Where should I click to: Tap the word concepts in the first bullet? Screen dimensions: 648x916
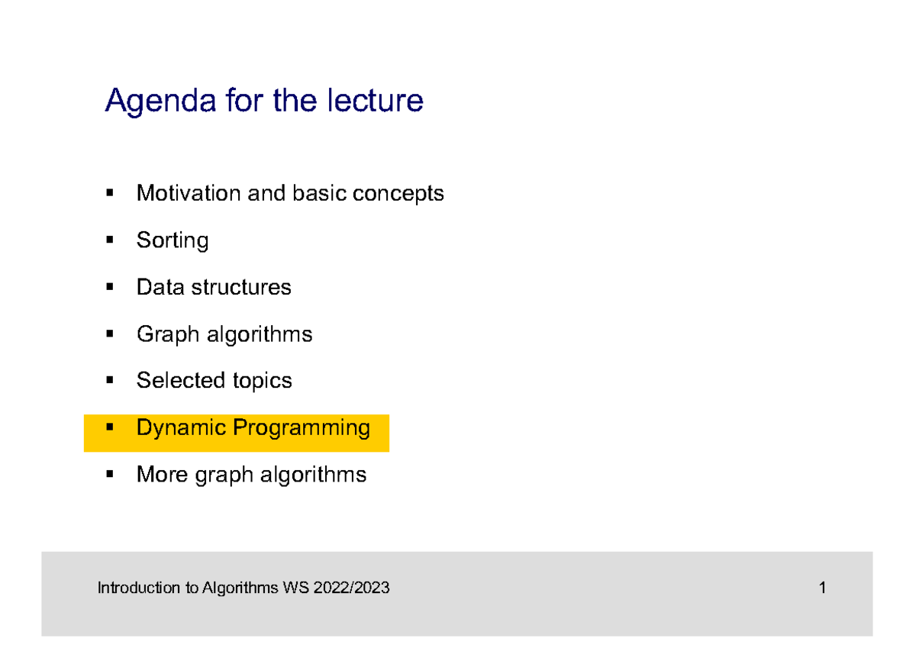click(398, 195)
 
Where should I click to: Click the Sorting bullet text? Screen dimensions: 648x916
click(173, 241)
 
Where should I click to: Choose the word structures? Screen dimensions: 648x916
click(241, 288)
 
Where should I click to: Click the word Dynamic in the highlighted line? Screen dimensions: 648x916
click(181, 428)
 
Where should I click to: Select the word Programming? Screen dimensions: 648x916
click(302, 429)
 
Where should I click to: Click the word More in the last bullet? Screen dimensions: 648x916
click(162, 475)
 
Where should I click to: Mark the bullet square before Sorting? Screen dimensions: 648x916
click(110, 240)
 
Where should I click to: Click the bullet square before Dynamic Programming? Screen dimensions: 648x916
click(110, 427)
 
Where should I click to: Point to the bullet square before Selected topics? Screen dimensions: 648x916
click(110, 380)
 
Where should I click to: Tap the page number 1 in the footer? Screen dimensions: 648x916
click(822, 588)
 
